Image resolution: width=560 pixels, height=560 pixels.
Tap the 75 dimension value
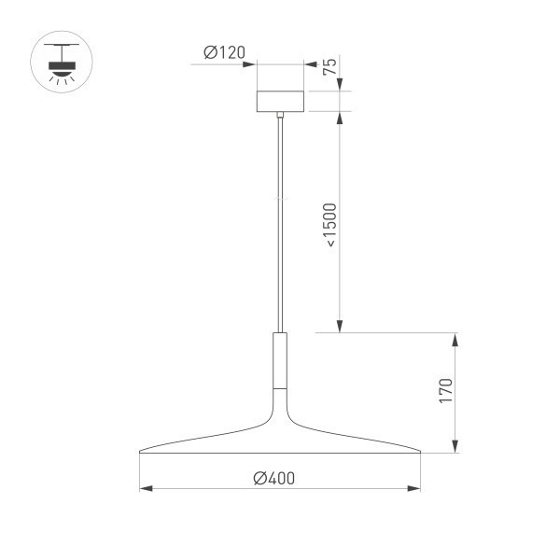click(329, 67)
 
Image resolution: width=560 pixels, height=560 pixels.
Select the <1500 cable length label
click(330, 224)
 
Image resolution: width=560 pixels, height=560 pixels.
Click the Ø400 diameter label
click(273, 478)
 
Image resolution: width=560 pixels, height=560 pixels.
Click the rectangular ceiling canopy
click(280, 101)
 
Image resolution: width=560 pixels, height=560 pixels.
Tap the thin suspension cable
click(280, 224)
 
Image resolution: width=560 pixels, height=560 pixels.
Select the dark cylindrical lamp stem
click(280, 360)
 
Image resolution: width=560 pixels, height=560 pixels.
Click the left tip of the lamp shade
click(141, 453)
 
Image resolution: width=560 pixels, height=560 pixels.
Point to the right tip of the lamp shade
click(419, 453)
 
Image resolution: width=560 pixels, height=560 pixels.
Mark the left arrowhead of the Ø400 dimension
click(145, 488)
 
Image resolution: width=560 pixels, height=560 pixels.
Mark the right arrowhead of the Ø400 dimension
click(415, 488)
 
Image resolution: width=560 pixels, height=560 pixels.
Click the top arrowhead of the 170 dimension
click(455, 338)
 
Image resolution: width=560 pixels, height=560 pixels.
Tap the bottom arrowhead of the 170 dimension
click(455, 448)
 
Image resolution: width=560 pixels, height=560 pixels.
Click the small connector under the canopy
click(280, 115)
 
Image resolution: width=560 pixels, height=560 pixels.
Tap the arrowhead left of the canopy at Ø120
click(250, 63)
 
